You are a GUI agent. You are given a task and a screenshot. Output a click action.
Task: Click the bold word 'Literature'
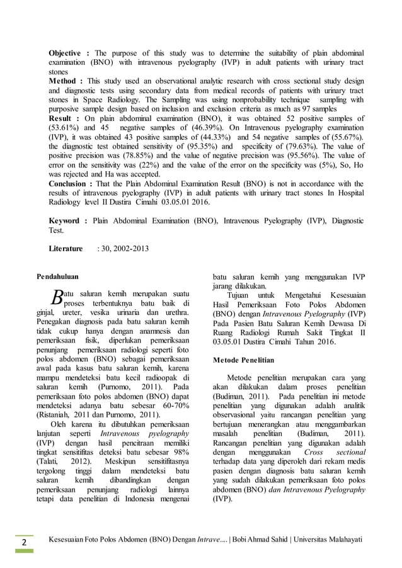coord(66,249)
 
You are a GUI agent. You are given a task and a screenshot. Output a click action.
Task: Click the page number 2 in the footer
coord(23,543)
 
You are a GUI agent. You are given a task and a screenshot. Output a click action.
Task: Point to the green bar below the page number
coord(24,551)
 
